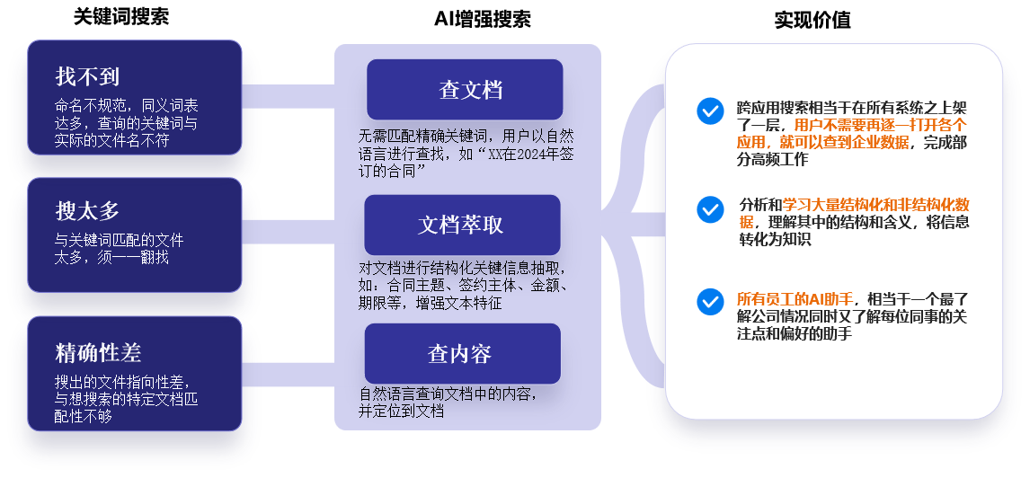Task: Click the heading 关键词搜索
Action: point(121,17)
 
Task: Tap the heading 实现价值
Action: point(812,20)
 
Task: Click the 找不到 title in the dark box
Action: point(87,76)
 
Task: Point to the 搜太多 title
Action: point(87,212)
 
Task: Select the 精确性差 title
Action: point(98,352)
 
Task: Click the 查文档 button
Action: point(465,90)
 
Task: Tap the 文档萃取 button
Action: point(462,225)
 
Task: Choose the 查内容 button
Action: point(462,354)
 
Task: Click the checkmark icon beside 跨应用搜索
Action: point(710,111)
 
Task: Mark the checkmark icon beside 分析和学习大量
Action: point(710,209)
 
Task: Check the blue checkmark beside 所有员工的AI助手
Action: point(710,302)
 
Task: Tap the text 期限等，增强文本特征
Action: point(431,303)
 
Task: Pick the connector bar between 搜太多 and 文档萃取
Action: point(288,232)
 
